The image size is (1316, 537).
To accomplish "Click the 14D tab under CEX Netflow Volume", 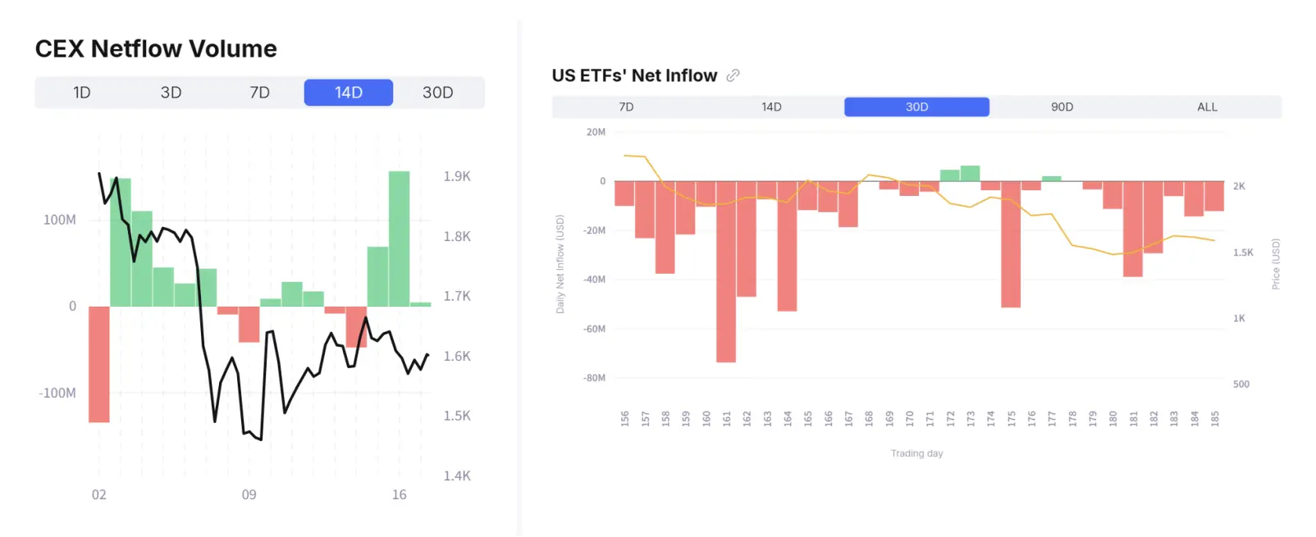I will coord(348,93).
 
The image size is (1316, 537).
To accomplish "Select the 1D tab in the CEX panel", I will coord(81,93).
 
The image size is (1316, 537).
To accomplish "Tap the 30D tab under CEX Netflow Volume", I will coord(437,93).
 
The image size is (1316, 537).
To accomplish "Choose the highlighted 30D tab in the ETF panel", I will coord(916,107).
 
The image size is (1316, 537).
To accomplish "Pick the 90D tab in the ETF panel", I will coord(1062,107).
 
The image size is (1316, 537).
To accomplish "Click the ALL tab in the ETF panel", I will coord(1207,107).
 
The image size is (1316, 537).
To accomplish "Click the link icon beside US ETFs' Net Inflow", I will coord(733,75).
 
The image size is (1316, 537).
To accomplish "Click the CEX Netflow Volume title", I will coord(156,49).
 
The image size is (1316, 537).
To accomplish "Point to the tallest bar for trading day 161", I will coord(726,271).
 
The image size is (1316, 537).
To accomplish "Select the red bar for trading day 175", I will coord(1011,244).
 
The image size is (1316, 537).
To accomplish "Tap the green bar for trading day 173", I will coord(970,173).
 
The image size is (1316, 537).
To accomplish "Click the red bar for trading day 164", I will coord(787,246).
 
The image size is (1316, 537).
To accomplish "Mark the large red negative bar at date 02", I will coord(99,364).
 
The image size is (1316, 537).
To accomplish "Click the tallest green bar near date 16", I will coord(399,239).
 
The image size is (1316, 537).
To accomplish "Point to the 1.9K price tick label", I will coord(457,176).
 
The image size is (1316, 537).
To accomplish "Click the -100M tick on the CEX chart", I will coord(57,393).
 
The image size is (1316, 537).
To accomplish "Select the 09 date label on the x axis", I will coord(249,494).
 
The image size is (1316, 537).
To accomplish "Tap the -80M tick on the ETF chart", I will coord(594,378).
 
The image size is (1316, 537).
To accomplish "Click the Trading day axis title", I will coord(916,453).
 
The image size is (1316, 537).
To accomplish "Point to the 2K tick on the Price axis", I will coord(1239,186).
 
